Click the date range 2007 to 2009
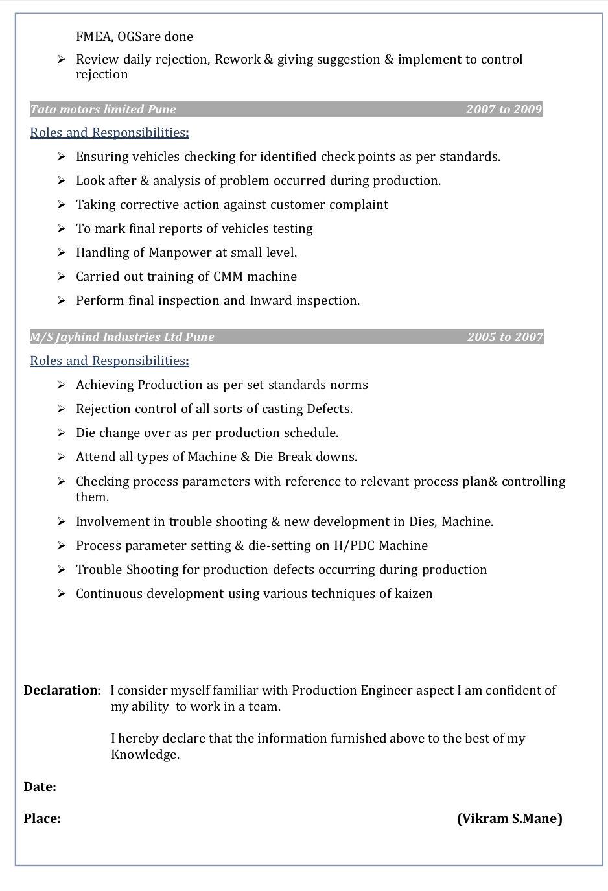[504, 109]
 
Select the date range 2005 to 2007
[505, 337]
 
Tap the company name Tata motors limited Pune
[103, 109]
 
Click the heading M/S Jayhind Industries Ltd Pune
[122, 337]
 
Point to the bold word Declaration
[60, 690]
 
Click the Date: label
[40, 787]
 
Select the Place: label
[42, 818]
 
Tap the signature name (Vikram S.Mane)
[509, 818]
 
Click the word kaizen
[414, 593]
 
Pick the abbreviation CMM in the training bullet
[228, 276]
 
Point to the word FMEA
[93, 36]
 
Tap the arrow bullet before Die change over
[62, 433]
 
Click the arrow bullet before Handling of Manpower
[62, 252]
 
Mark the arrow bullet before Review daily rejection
[62, 59]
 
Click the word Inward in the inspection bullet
[271, 300]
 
